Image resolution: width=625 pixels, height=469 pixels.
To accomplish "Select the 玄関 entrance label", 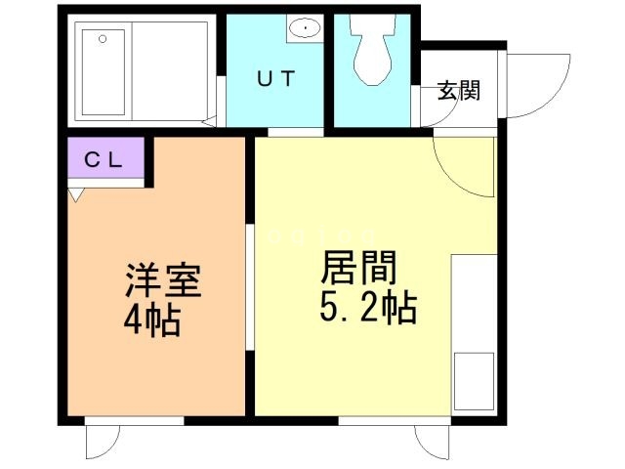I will (x=458, y=92).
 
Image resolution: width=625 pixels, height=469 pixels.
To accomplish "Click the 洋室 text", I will (x=162, y=281).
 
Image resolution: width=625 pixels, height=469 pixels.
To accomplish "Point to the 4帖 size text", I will (x=151, y=320).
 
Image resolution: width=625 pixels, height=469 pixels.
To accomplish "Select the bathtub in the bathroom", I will (x=104, y=70).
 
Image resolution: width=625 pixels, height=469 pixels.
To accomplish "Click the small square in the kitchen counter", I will (x=476, y=382).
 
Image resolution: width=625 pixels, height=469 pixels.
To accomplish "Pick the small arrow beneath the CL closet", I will (x=75, y=194).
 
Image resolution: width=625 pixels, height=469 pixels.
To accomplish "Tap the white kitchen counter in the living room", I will (x=476, y=313).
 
